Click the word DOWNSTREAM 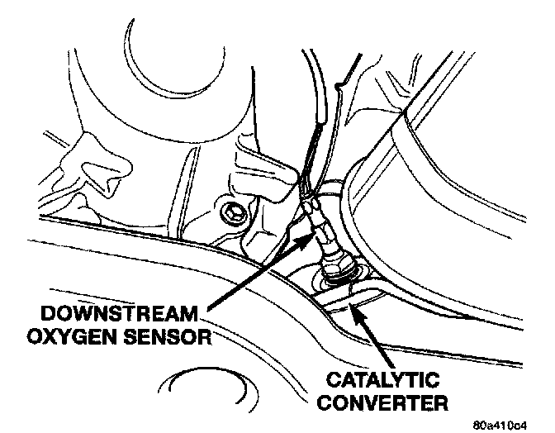pyautogui.click(x=107, y=316)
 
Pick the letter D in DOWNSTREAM pyautogui.click(x=28, y=316)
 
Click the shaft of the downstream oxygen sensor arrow pyautogui.click(x=256, y=277)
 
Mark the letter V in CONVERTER pyautogui.click(x=374, y=404)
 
